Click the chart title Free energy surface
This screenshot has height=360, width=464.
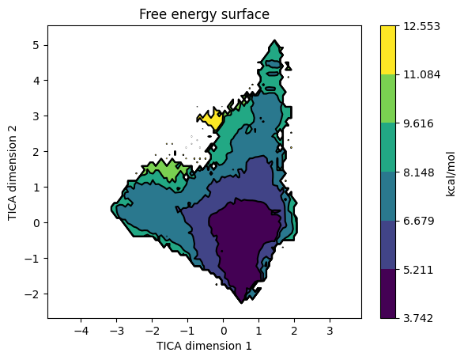click(204, 14)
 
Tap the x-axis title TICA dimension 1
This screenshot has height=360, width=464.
click(204, 346)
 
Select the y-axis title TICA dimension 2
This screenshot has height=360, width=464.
click(12, 172)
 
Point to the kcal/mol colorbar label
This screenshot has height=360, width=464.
click(451, 174)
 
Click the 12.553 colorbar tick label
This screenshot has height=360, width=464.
click(421, 26)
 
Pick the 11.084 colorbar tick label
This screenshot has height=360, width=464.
click(421, 74)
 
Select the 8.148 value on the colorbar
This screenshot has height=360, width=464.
click(419, 172)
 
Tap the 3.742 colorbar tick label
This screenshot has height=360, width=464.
click(418, 318)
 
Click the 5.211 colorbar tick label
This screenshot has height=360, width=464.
click(418, 270)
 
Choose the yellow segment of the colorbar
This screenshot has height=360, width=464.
click(388, 50)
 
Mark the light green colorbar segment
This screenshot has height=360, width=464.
click(388, 99)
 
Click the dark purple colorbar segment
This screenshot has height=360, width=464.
click(388, 294)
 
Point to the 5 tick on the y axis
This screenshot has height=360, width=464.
click(36, 45)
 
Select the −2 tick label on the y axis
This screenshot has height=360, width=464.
click(32, 294)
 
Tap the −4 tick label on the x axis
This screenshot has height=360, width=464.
click(81, 331)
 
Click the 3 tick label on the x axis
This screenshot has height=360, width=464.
click(330, 331)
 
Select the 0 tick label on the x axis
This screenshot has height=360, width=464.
click(224, 331)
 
